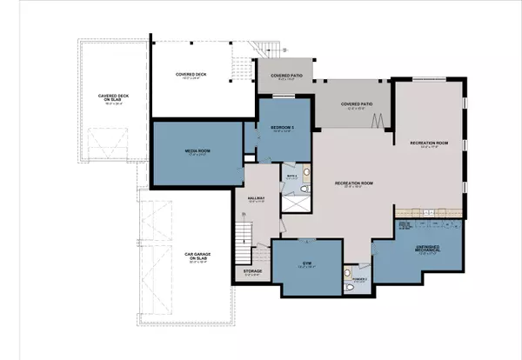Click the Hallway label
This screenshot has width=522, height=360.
(x=256, y=199)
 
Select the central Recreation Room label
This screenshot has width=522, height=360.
(x=354, y=183)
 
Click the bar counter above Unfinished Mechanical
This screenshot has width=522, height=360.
(x=427, y=214)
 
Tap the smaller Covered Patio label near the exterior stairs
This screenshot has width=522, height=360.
(x=286, y=77)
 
